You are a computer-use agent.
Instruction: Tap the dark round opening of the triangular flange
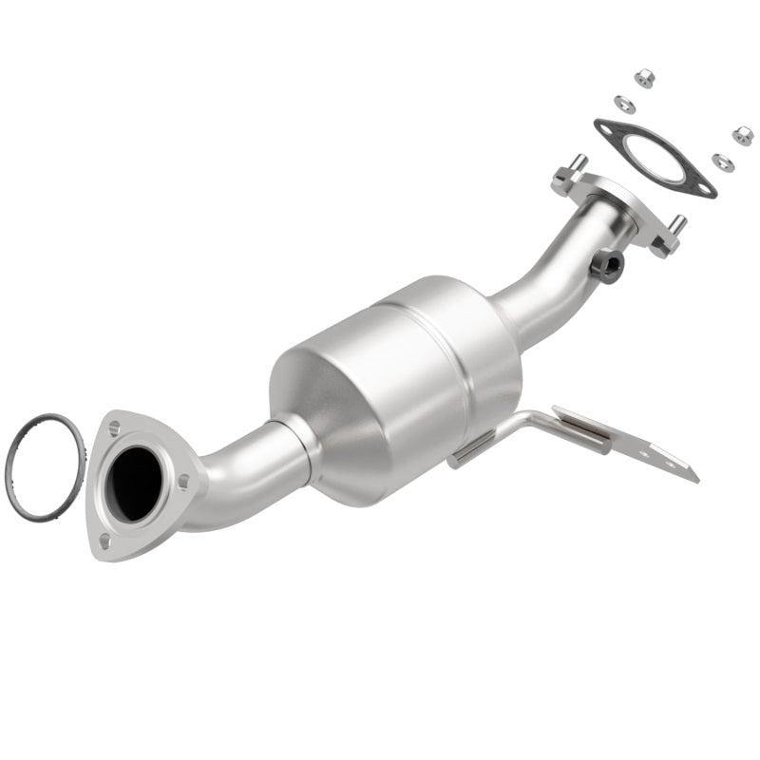click(x=137, y=482)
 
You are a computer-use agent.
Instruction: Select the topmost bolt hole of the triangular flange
click(x=115, y=428)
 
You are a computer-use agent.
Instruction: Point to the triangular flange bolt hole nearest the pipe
click(x=183, y=483)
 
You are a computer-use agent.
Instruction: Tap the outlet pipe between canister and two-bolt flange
click(x=551, y=275)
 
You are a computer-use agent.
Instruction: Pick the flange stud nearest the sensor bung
click(x=678, y=227)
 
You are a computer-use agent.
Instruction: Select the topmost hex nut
click(x=644, y=77)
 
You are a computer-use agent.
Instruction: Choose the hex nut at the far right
click(x=742, y=135)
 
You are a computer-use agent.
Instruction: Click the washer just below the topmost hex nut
click(x=625, y=103)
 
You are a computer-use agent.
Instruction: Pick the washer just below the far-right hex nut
click(x=723, y=161)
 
